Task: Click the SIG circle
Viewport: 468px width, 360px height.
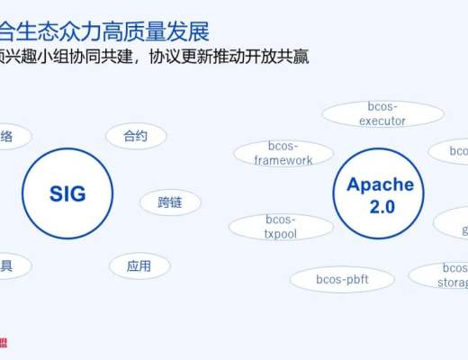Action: [67, 193]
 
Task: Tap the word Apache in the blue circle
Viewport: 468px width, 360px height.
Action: [380, 185]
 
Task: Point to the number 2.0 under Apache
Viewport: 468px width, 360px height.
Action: [380, 206]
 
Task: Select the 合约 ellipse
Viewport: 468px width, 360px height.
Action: [136, 137]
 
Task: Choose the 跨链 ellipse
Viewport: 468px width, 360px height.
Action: [170, 202]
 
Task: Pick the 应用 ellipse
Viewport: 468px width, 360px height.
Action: [139, 265]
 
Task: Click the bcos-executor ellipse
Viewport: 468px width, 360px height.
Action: [382, 113]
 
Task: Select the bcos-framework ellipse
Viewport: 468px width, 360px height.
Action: [283, 153]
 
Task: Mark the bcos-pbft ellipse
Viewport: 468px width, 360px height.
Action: [342, 279]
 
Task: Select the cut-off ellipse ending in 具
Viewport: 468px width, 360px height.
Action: [9, 265]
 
